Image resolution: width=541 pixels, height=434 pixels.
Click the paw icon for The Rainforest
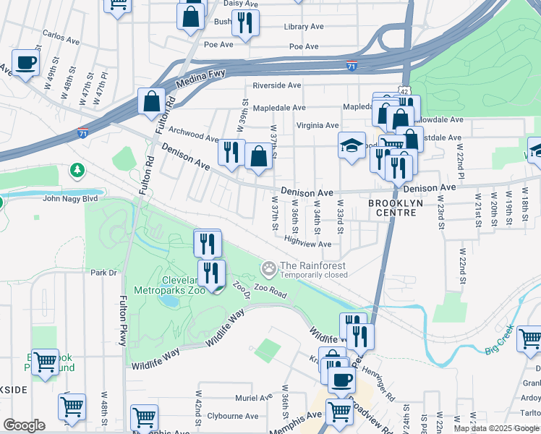269,271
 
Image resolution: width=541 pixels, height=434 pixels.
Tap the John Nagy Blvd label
70,199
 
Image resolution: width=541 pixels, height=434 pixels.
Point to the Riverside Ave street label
276,85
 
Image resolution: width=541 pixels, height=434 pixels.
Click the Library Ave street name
304,27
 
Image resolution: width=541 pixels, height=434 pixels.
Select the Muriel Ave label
253,398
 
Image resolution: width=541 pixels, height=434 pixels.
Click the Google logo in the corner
24,425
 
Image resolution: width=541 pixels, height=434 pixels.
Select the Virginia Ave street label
318,125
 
